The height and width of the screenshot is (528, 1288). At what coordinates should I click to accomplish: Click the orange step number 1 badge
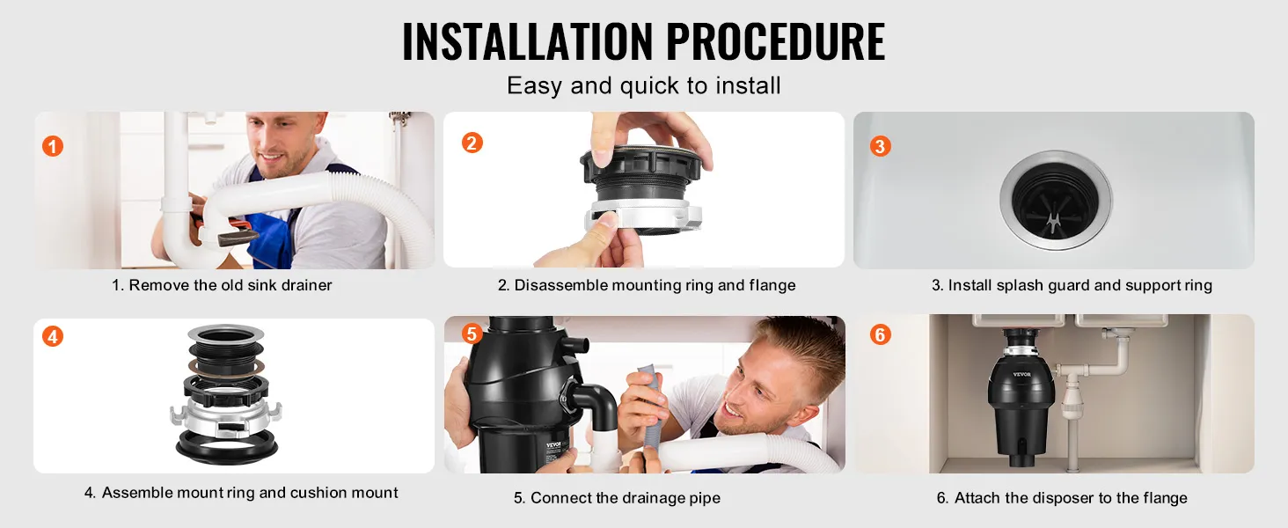(x=52, y=146)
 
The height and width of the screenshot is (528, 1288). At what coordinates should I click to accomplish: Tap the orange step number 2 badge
(x=472, y=143)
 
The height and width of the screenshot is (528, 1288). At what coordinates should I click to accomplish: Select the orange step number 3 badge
(x=880, y=146)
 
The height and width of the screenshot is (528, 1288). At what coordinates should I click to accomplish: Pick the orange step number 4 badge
(x=52, y=336)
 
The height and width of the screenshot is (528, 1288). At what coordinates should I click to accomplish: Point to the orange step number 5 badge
(x=472, y=334)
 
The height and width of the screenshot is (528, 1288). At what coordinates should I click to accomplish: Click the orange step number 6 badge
(x=880, y=334)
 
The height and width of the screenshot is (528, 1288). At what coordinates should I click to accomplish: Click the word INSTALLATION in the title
(x=527, y=41)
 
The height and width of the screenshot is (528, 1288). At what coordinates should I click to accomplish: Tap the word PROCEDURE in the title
(x=776, y=41)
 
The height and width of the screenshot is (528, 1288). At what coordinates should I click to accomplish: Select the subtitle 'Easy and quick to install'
(x=643, y=85)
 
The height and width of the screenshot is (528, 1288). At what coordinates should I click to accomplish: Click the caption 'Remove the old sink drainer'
(x=230, y=285)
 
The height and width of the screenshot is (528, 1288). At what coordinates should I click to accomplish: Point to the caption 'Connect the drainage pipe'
(x=625, y=497)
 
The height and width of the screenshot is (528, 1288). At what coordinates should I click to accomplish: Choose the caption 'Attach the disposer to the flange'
(x=1071, y=497)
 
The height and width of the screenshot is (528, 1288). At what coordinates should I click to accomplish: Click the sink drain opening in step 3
(x=1055, y=200)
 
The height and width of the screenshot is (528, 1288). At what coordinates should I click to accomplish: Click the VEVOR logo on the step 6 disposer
(x=1021, y=374)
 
